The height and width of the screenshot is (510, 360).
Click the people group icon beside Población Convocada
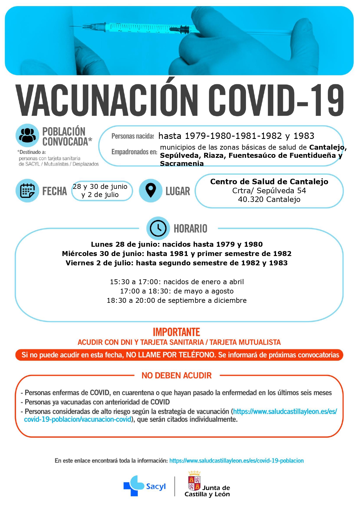pos(27,135)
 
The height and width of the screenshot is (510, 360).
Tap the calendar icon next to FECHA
pos(27,191)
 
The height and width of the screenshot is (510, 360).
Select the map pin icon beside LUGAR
pos(150,190)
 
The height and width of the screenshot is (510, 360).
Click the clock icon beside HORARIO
pos(158,228)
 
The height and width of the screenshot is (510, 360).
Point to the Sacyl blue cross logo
pos(134,485)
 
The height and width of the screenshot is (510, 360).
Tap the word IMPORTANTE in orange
pos(176,332)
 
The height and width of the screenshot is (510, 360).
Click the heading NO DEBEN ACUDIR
pos(177,375)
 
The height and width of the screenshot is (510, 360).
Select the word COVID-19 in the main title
pos(276,100)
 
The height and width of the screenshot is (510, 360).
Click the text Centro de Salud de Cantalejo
pos(269,182)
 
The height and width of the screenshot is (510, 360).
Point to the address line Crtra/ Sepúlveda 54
pos(269,191)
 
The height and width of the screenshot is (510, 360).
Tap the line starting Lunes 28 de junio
pos(177,244)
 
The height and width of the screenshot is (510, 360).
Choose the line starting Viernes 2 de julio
pos(177,263)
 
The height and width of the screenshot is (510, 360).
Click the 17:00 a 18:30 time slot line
pos(177,291)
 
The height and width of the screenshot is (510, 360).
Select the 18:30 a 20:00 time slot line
pos(177,300)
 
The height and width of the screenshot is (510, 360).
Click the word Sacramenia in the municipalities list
pos(182,164)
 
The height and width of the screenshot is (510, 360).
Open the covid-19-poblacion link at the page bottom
pos(236,461)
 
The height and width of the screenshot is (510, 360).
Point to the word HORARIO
pos(190,229)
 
